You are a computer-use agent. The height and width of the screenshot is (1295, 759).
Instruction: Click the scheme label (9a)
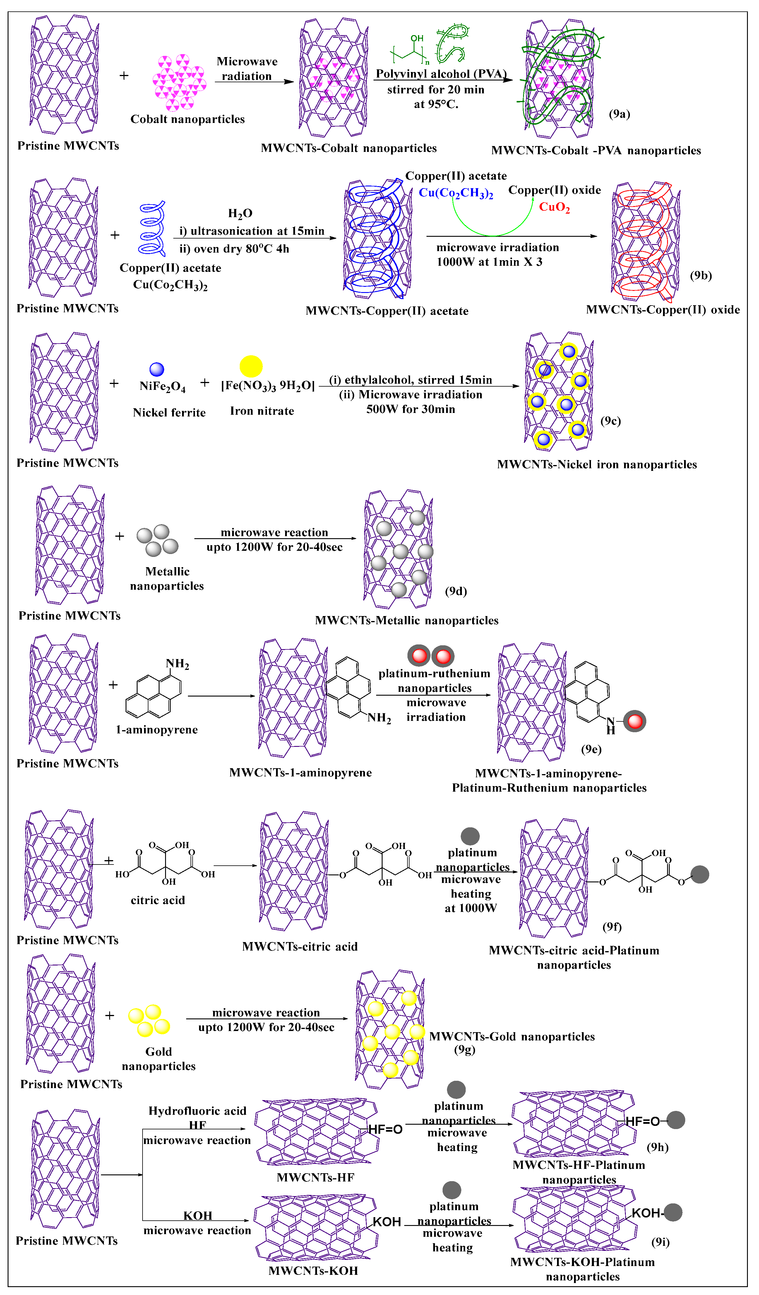619,114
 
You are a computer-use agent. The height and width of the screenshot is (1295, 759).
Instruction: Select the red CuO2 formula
554,207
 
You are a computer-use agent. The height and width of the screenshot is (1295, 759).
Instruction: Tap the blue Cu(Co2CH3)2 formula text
456,193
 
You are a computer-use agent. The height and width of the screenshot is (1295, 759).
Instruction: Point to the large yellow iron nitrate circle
251,366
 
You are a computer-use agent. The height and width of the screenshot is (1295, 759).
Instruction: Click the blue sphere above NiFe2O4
157,370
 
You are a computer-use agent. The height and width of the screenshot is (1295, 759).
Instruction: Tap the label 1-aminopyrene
157,730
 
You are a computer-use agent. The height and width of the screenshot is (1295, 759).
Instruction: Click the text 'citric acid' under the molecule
158,900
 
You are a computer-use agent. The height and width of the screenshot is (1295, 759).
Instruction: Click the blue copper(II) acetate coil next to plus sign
152,229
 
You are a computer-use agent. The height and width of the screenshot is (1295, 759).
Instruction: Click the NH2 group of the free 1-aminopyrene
177,664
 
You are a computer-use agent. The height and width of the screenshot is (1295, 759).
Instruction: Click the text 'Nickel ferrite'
169,413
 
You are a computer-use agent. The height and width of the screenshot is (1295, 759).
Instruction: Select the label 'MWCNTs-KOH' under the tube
313,1271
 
